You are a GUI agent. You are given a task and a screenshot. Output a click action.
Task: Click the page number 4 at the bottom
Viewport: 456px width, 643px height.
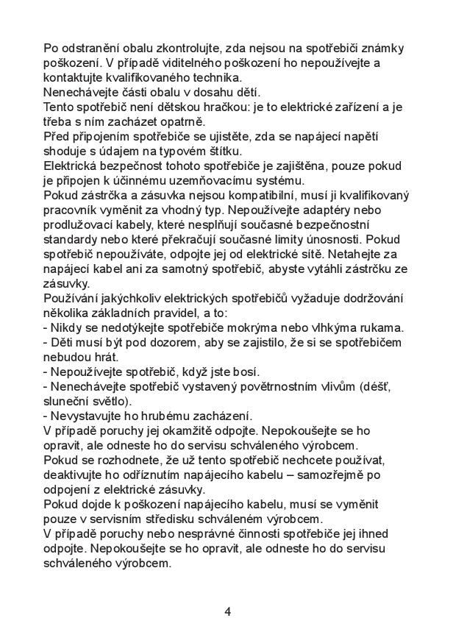(227, 611)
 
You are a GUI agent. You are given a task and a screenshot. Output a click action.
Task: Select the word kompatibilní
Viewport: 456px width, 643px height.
(271, 195)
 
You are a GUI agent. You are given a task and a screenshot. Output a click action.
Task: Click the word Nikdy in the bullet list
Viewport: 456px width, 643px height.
(66, 327)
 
